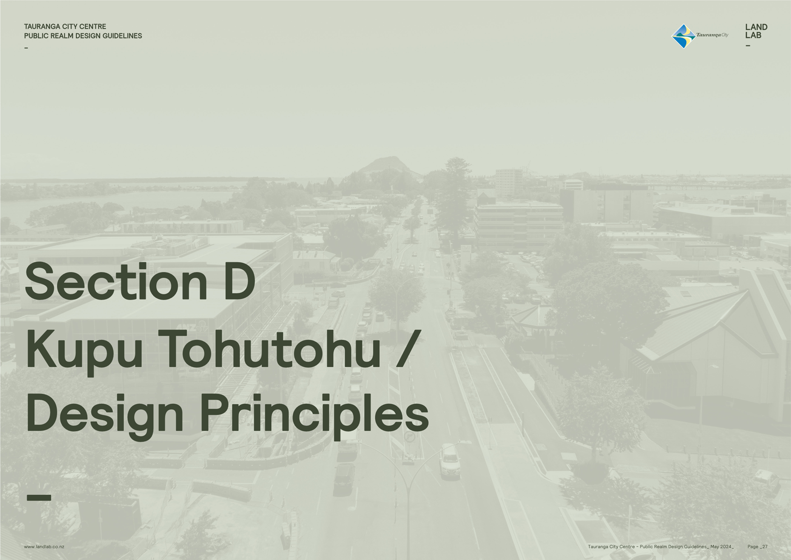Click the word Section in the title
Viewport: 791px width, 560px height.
point(116,282)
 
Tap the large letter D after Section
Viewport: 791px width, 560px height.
point(239,282)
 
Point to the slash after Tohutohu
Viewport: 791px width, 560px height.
point(409,348)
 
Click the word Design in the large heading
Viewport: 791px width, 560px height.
point(104,416)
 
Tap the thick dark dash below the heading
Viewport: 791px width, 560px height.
point(39,498)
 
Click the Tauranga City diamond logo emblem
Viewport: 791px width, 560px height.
point(684,36)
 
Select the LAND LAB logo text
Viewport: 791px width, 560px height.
point(756,31)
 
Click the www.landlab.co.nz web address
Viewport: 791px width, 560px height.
point(44,546)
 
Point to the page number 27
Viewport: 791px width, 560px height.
point(764,546)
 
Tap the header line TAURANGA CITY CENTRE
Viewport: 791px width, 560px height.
point(65,27)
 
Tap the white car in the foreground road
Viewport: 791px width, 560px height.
point(450,461)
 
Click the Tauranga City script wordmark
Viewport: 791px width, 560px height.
point(712,35)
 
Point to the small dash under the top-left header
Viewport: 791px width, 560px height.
point(26,48)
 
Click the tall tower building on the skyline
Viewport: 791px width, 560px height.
point(509,183)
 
